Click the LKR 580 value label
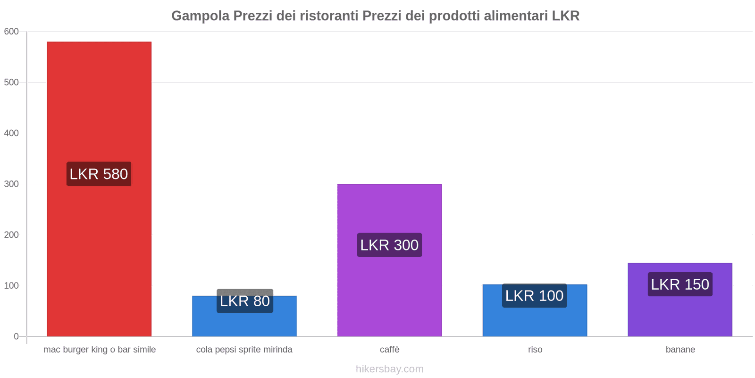coord(99,174)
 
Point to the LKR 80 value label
coord(244,301)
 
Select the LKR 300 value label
coord(389,245)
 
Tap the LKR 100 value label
coord(534,296)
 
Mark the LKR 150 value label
coord(680,284)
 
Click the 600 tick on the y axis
coord(11,32)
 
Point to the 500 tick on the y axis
coord(11,82)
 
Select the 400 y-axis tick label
coord(11,133)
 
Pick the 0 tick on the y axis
coord(16,336)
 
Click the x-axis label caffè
coord(389,350)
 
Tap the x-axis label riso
coord(535,350)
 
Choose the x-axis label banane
coord(680,350)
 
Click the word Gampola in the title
coord(200,16)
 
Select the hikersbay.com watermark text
coord(389,369)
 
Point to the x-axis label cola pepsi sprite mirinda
coord(244,350)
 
